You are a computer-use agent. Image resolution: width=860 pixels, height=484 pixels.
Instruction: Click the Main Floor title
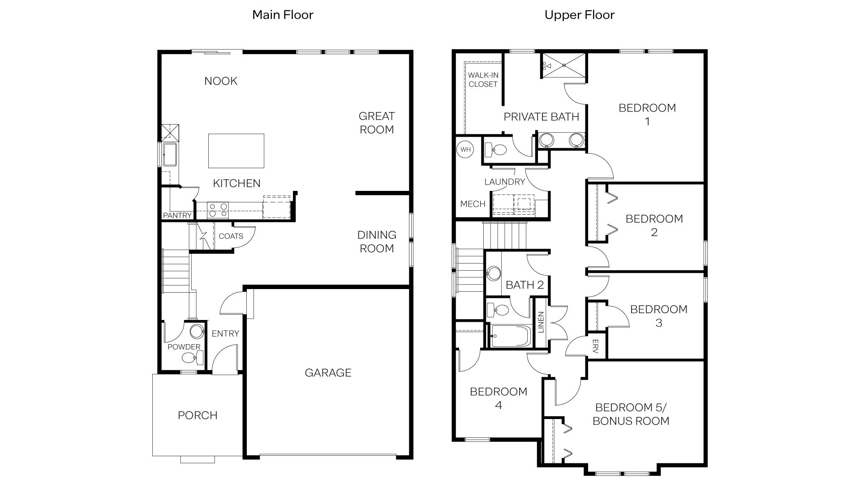[283, 15]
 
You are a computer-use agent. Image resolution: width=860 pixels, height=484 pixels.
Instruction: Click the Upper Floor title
[579, 15]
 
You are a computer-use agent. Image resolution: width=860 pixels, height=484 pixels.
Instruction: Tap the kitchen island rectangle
[236, 151]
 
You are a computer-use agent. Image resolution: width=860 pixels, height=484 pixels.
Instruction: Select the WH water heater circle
[465, 149]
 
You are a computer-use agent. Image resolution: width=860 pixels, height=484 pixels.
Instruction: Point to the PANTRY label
[177, 216]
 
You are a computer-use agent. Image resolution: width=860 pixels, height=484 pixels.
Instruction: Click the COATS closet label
[231, 236]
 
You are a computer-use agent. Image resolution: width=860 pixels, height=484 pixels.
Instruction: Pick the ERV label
[595, 347]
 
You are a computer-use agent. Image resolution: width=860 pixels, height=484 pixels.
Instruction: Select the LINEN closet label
[541, 323]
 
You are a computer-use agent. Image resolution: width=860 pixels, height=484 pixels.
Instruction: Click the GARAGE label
[328, 373]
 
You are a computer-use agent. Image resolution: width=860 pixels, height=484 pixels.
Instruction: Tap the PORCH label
[198, 415]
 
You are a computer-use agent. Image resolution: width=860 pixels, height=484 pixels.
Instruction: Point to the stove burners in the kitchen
[218, 210]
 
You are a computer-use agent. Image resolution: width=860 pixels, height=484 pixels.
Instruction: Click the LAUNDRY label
[504, 182]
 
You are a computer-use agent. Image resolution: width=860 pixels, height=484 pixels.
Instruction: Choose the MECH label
[473, 204]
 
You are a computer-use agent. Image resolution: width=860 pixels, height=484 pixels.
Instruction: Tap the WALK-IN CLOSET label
[483, 80]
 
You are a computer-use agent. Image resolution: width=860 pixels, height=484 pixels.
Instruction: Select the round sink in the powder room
[196, 332]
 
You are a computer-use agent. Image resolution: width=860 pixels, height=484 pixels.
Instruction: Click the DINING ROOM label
[377, 242]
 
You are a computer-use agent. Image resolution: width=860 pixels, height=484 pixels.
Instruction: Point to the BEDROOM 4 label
[499, 398]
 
